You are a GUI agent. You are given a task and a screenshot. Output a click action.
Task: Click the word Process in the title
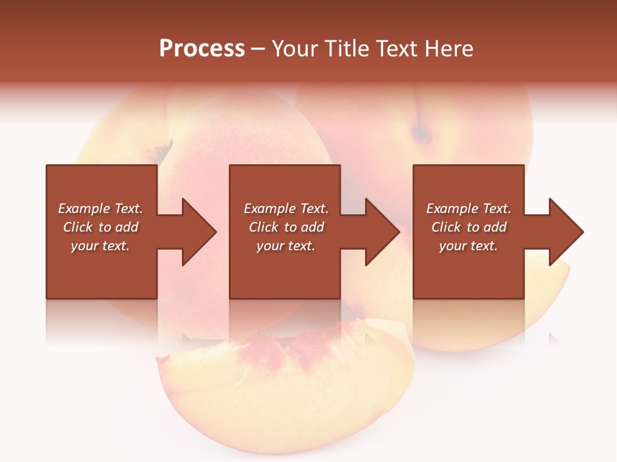[202, 49]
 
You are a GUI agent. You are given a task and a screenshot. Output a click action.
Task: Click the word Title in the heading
[344, 49]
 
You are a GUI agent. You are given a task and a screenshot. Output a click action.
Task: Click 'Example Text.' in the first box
[100, 209]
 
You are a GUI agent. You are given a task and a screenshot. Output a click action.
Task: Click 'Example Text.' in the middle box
[286, 209]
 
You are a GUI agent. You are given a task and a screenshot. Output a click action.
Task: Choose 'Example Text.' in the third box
[469, 209]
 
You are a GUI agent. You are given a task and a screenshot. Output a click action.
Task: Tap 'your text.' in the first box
[100, 246]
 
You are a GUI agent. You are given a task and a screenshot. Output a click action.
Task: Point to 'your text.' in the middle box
[286, 246]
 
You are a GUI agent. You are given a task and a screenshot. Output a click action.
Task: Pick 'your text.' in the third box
[469, 246]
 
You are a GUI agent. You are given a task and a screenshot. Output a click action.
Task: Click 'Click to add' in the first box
[100, 227]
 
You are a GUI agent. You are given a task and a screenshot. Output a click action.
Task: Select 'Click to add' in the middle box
[286, 227]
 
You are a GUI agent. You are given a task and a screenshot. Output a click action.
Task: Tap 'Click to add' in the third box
[469, 227]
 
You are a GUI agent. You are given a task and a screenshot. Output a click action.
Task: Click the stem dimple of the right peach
[422, 132]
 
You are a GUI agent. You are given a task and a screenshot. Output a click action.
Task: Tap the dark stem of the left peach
[162, 151]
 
